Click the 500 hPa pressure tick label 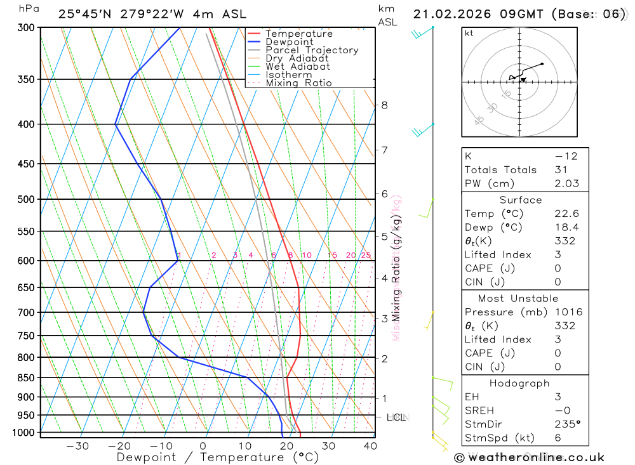point(25,199)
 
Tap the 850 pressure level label point(25,378)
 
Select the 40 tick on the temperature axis point(370,446)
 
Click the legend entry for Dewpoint point(289,42)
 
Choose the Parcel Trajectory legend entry point(312,50)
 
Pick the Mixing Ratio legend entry point(298,83)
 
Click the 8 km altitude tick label point(384,105)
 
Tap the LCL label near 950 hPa point(396,417)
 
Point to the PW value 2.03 point(566,183)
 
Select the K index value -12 point(566,156)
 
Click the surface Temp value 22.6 point(566,214)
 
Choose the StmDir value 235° point(566,424)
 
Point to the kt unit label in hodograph point(469,33)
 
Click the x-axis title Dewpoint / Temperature point(218,457)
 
